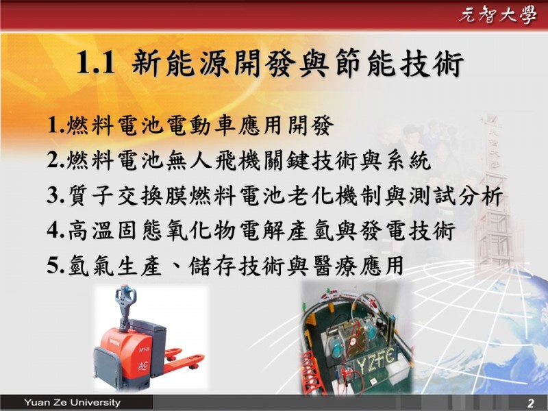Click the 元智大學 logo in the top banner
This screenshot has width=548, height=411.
[x=497, y=15]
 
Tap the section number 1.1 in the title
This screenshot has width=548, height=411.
[x=95, y=63]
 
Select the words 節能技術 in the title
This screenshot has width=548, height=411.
[x=399, y=63]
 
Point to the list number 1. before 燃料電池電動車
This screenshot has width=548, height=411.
[x=56, y=125]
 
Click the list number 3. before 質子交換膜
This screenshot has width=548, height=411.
[x=56, y=196]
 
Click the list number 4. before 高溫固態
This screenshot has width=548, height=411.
[x=56, y=231]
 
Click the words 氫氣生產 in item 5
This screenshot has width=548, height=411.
[x=115, y=266]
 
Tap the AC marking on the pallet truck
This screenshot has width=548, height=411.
[x=142, y=366]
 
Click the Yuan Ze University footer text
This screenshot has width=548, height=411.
[x=73, y=402]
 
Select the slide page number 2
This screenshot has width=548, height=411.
[x=530, y=403]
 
